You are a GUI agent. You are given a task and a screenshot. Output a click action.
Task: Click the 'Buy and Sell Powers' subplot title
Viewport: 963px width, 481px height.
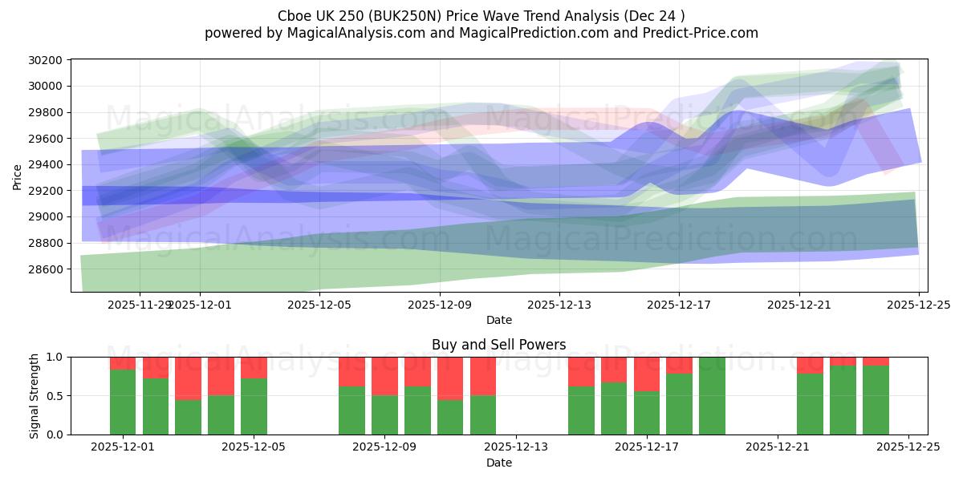[x=498, y=345]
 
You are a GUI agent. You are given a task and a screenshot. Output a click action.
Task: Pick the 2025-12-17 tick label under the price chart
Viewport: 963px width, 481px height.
[x=679, y=305]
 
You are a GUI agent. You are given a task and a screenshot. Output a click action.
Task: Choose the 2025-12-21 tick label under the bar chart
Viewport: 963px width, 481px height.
[x=778, y=447]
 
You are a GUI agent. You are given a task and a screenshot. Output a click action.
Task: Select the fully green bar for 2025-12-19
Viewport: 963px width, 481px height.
[x=712, y=395]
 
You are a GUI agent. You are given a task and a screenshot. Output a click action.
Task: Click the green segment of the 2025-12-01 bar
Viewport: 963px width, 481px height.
[x=123, y=402]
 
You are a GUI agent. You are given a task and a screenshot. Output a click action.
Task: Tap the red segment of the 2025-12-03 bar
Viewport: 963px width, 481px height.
[x=188, y=378]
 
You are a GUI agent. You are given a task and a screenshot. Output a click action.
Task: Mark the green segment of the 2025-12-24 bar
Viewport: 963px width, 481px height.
[x=876, y=399]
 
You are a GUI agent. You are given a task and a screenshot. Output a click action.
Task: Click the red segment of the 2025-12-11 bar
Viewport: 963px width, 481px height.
[x=450, y=378]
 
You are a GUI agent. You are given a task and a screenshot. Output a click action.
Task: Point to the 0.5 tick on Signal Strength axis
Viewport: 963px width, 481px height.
[x=57, y=396]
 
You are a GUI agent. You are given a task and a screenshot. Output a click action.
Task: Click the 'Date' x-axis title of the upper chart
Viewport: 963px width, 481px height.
[x=498, y=320]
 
